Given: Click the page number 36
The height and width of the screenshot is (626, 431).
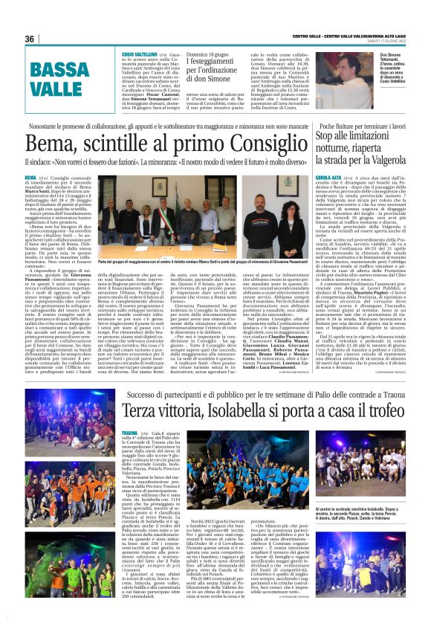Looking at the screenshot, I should point(30,39).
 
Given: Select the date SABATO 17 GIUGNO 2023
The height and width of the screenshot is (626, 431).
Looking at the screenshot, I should point(386,39).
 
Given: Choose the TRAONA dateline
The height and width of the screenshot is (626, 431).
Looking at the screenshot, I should point(131,433).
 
